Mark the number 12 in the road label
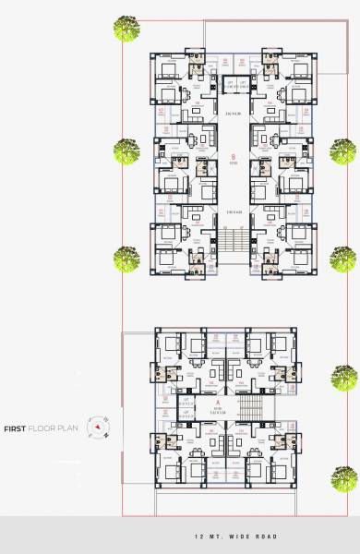click(x=198, y=536)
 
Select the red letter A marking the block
click(x=219, y=402)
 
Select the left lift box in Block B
click(x=227, y=84)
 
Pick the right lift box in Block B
click(x=242, y=84)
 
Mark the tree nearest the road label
click(x=345, y=476)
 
